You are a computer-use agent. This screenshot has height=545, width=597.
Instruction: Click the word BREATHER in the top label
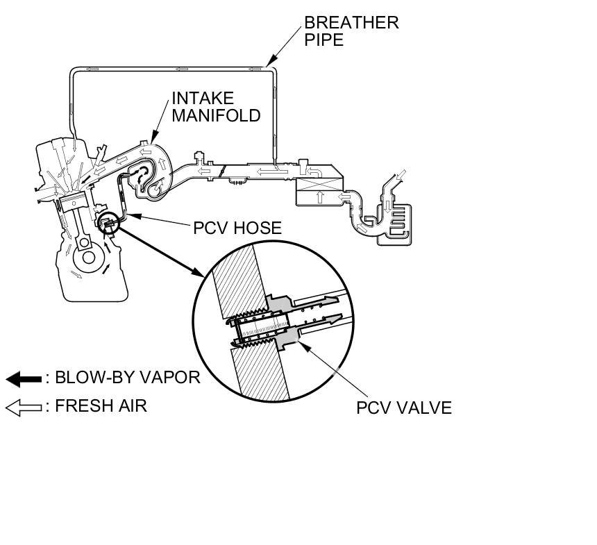coord(351,22)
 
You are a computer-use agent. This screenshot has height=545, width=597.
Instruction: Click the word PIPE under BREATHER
coord(323,40)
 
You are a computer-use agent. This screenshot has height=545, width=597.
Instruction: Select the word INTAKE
coord(203,98)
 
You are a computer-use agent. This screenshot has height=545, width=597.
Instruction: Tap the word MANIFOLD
coord(215,115)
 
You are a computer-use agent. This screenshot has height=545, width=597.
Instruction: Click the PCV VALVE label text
coord(403,408)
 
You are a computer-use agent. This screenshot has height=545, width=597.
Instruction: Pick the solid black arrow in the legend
coord(24,379)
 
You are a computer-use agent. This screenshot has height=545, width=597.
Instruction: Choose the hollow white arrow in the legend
coord(24,407)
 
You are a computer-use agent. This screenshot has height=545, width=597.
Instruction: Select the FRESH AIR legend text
coord(101,405)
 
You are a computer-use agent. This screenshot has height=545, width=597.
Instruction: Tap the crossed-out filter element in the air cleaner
coord(318,186)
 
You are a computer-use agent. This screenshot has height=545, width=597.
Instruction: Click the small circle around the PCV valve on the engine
coord(109,221)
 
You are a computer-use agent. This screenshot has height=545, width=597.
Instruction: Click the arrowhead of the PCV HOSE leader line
coord(127,217)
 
